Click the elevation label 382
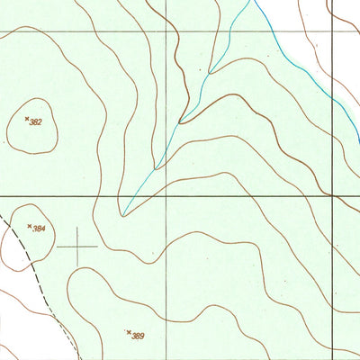coord(37,121)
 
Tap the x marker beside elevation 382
coord(27,117)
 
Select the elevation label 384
coord(40,229)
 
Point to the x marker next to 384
coord(30,225)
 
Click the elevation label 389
coord(139,336)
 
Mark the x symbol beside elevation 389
coord(129,332)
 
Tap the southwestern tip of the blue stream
coord(124,214)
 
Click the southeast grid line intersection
coord(331,194)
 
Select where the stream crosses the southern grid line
coord(139,194)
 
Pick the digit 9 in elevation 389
coord(143,336)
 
